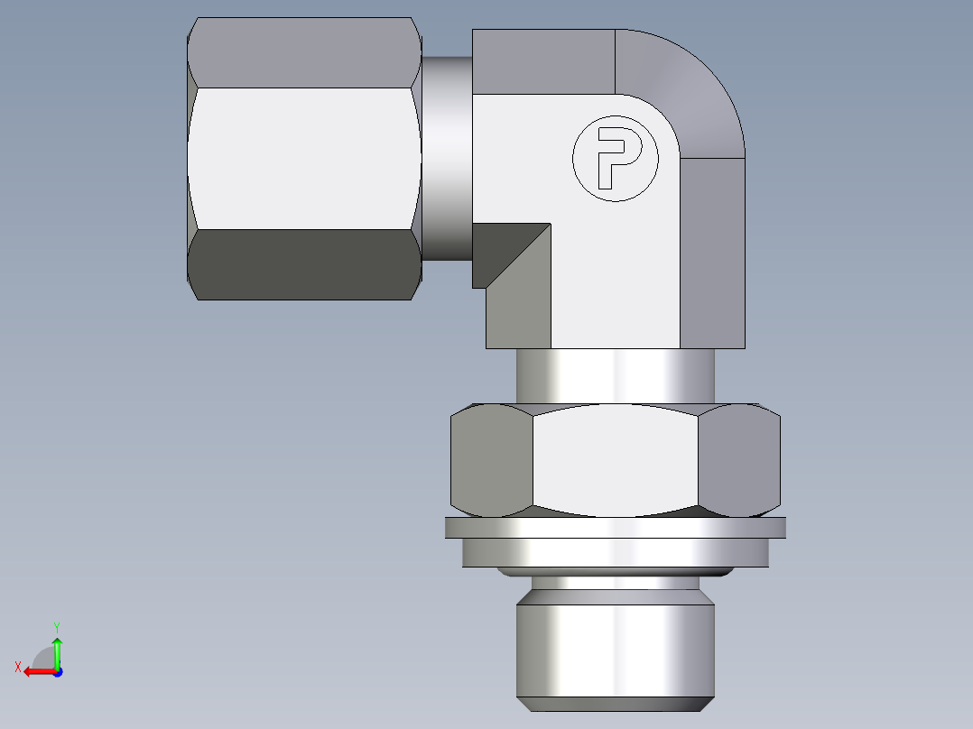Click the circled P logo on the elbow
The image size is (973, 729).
(x=616, y=158)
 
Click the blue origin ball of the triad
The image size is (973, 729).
(x=57, y=672)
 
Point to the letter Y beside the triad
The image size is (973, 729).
(x=56, y=626)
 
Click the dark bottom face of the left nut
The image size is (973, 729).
(x=304, y=264)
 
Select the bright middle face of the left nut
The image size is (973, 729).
(x=304, y=158)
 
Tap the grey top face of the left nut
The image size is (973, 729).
(x=304, y=52)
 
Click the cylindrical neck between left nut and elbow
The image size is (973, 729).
(x=446, y=158)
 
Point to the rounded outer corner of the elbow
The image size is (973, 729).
(x=695, y=90)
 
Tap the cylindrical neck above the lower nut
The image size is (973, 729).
(x=615, y=375)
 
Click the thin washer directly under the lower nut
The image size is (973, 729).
(x=615, y=528)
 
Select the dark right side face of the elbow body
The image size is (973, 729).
(x=712, y=253)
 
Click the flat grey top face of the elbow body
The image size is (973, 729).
(x=542, y=60)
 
